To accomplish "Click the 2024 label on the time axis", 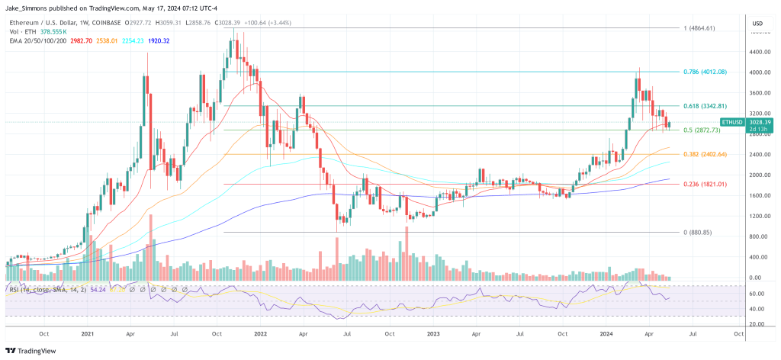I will point(607,333).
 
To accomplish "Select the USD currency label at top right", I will point(757,24).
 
